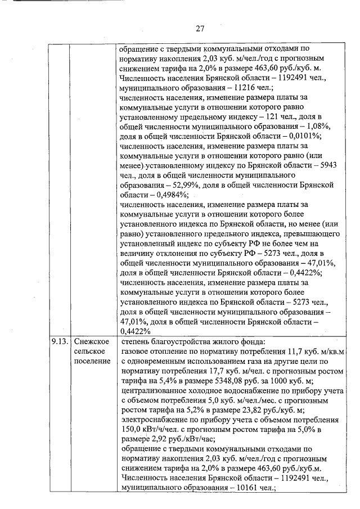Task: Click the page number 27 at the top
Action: (x=200, y=29)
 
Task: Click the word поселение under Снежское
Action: (x=92, y=361)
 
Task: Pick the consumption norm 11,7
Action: (x=280, y=351)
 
